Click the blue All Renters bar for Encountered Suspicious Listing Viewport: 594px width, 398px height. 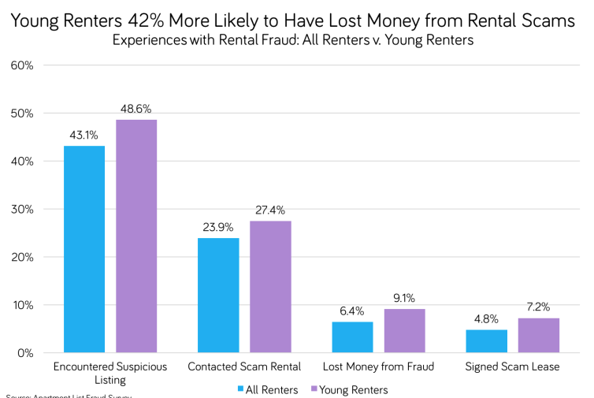(84, 249)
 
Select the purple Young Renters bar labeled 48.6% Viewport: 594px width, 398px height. (136, 236)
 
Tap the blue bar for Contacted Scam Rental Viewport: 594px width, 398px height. (218, 295)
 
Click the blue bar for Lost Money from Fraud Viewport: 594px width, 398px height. (352, 337)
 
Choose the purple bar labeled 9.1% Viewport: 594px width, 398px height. (405, 330)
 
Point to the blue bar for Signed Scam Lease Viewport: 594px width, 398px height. (487, 340)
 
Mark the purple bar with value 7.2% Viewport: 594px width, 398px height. (539, 335)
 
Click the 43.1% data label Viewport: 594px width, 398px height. (84, 136)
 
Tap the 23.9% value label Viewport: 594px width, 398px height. (218, 228)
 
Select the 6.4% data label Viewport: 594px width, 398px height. (352, 312)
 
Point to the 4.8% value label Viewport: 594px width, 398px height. (487, 319)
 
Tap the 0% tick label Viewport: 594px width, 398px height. (24, 352)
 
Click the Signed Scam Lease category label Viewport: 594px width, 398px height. (512, 367)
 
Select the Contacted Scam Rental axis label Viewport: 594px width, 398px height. (244, 367)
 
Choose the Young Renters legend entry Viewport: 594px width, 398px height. (350, 389)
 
